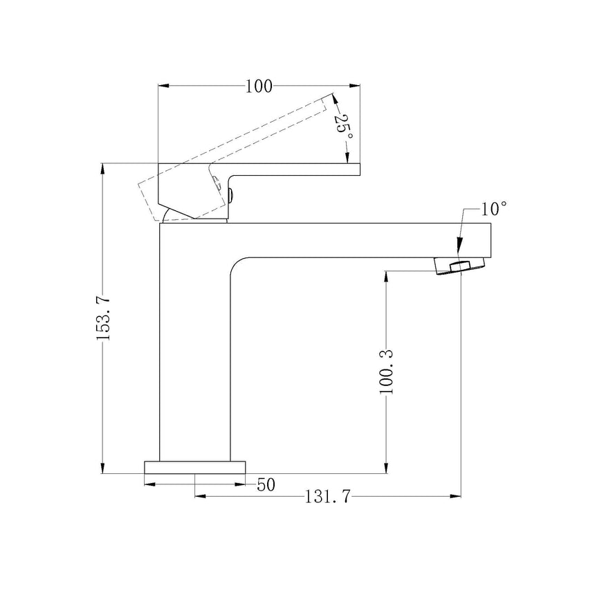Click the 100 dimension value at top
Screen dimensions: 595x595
coord(259,86)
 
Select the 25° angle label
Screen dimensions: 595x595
coord(344,126)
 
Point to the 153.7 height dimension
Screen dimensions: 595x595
coord(103,318)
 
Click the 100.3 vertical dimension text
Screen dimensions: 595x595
coord(387,372)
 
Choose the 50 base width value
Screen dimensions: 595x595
coord(266,484)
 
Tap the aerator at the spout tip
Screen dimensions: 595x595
coord(459,266)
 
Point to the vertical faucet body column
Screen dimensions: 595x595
coord(194,346)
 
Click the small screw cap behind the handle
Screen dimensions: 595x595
coord(230,194)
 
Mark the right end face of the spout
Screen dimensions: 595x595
coord(489,240)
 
